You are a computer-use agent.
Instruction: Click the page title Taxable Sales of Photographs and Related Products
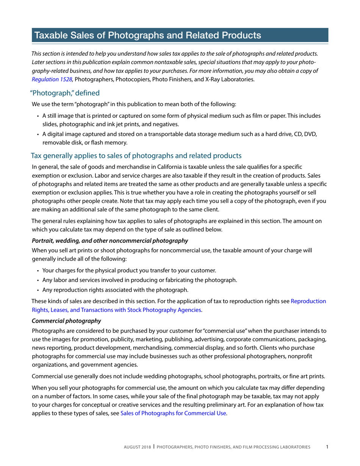tap(147, 36)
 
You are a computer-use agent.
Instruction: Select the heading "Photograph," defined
tap(65, 93)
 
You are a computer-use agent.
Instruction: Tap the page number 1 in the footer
tap(327, 447)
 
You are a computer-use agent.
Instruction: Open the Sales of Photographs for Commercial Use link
tap(173, 413)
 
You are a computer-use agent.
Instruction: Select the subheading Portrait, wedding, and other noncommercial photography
tap(110, 240)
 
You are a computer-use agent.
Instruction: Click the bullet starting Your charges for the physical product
tap(129, 271)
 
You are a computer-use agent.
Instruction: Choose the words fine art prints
tap(307, 377)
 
